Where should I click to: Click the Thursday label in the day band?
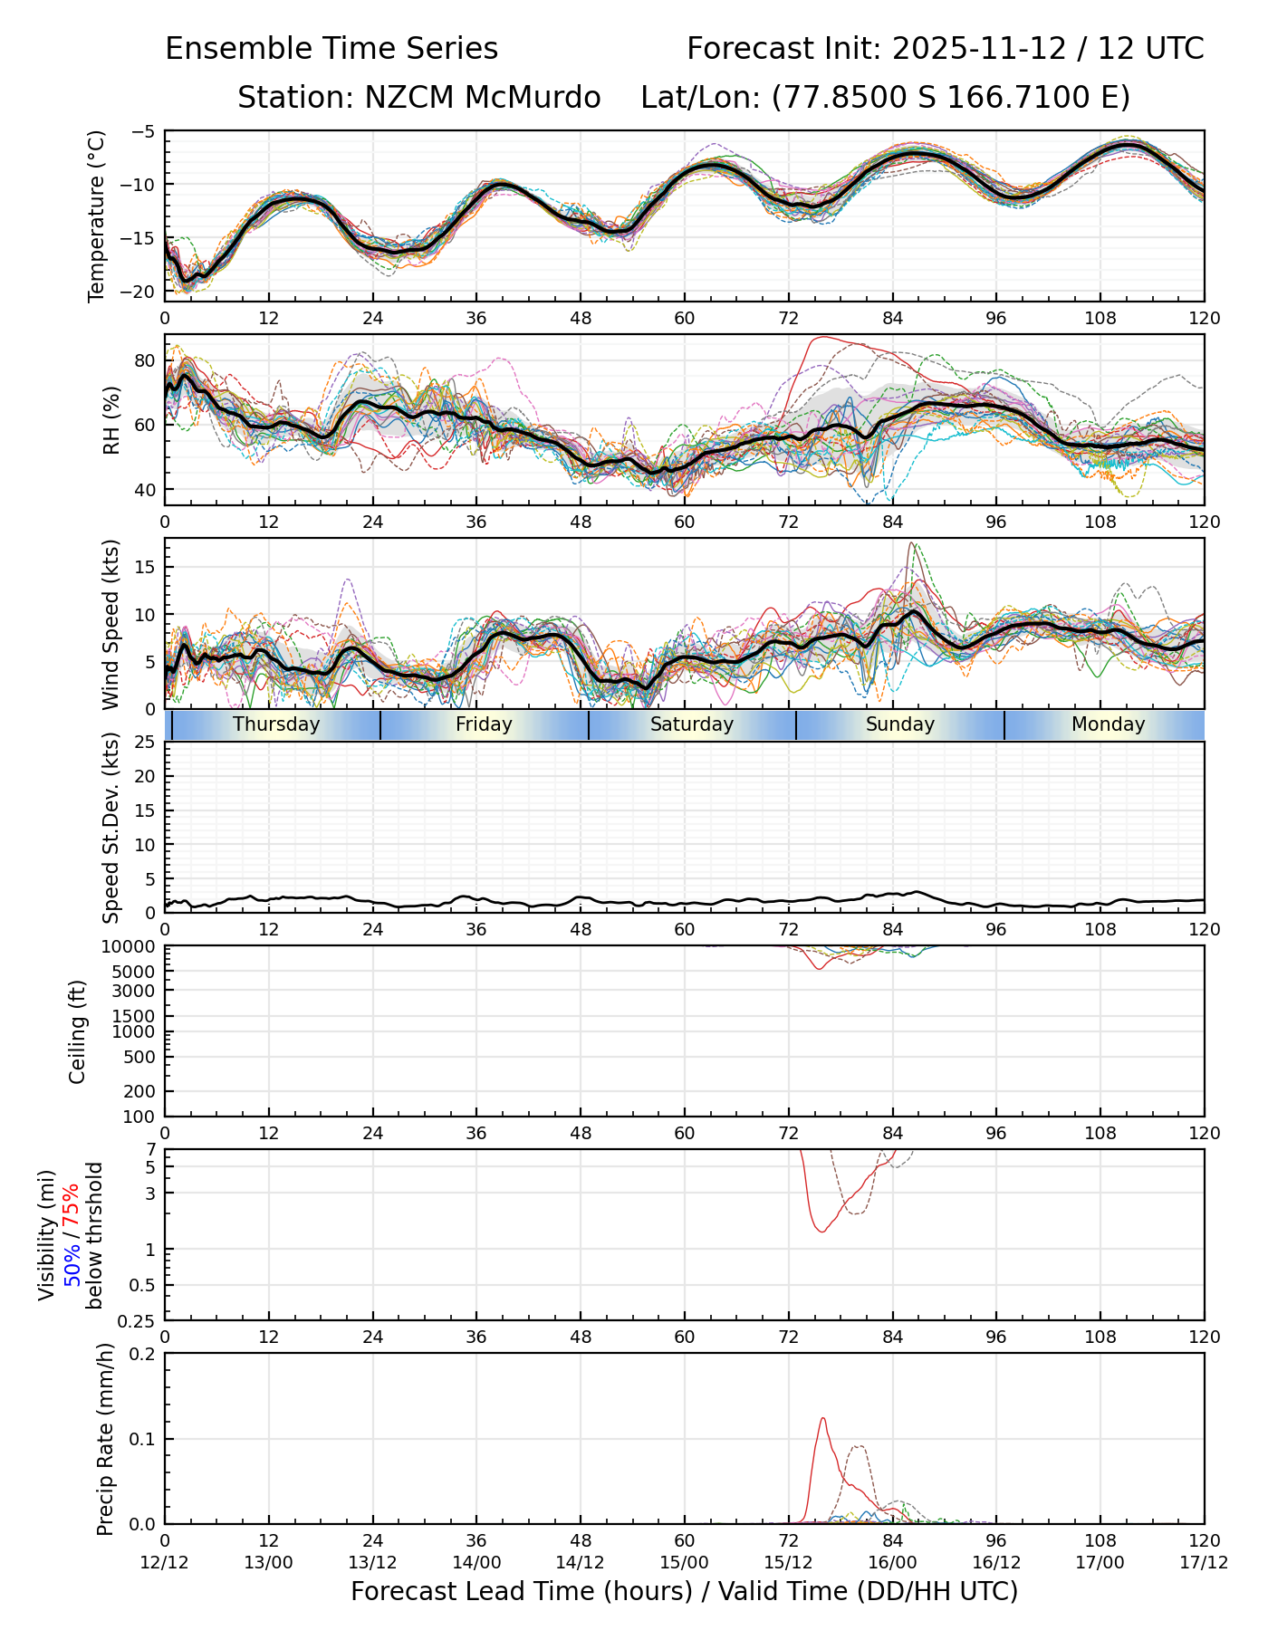(x=276, y=724)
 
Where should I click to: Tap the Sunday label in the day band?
(x=899, y=724)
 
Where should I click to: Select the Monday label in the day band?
(x=1108, y=724)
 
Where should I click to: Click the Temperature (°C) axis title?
(x=97, y=216)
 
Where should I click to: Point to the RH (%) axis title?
(x=111, y=420)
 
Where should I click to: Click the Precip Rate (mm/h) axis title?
(x=105, y=1439)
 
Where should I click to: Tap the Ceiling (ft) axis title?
(x=78, y=1031)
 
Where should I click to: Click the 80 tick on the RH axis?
(x=146, y=360)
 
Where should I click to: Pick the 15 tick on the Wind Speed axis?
(x=146, y=567)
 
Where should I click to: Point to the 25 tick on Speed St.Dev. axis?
(x=146, y=743)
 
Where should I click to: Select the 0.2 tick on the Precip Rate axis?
(x=143, y=1354)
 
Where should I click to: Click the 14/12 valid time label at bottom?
(x=580, y=1562)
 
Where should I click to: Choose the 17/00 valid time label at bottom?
(x=1100, y=1562)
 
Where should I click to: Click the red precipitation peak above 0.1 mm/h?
(x=823, y=1419)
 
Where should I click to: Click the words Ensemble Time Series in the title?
(x=331, y=49)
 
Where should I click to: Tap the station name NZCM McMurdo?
(x=418, y=98)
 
